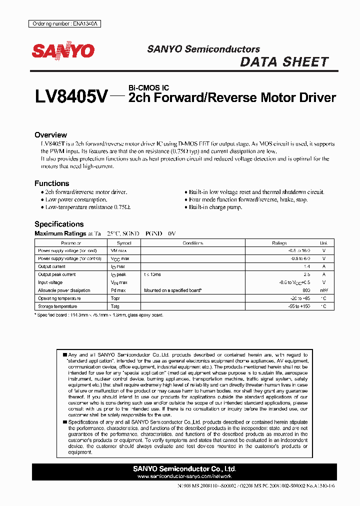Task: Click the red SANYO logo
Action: [x=63, y=50]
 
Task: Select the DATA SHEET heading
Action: [x=284, y=62]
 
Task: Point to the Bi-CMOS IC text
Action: [x=148, y=88]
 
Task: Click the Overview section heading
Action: [x=50, y=135]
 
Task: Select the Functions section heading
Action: [x=51, y=183]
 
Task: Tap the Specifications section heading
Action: [x=59, y=224]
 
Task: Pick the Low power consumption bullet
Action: [x=76, y=199]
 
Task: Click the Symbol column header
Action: [x=124, y=243]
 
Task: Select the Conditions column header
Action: [x=192, y=243]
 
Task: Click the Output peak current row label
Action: [x=57, y=274]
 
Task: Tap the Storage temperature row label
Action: [x=57, y=306]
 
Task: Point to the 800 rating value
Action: [x=306, y=290]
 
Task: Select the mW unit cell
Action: [x=324, y=290]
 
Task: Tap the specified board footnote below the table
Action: [x=99, y=315]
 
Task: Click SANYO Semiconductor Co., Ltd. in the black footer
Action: [x=184, y=469]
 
